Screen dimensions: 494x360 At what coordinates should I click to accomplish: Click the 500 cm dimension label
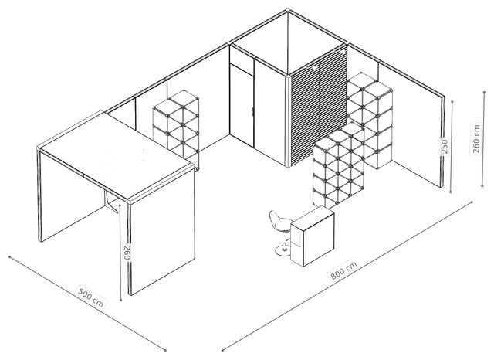pyautogui.click(x=91, y=297)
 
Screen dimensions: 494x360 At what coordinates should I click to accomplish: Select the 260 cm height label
pyautogui.click(x=476, y=138)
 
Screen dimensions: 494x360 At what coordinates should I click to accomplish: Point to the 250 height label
pyautogui.click(x=445, y=146)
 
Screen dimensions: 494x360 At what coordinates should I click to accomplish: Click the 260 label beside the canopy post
pyautogui.click(x=127, y=252)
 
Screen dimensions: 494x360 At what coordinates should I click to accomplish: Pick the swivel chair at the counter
pyautogui.click(x=280, y=232)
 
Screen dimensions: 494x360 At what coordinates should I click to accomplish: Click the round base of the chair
pyautogui.click(x=283, y=250)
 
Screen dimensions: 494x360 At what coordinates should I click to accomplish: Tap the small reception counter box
pyautogui.click(x=312, y=236)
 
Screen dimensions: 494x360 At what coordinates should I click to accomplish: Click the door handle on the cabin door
pyautogui.click(x=252, y=111)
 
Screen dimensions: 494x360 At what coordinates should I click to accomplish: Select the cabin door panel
pyautogui.click(x=242, y=105)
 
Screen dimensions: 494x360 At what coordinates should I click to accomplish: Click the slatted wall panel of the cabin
pyautogui.click(x=318, y=106)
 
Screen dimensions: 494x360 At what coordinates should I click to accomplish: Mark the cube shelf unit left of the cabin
pyautogui.click(x=176, y=130)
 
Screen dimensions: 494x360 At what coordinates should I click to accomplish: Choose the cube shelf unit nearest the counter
pyautogui.click(x=338, y=165)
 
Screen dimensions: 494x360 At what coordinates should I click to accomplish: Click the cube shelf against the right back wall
pyautogui.click(x=370, y=120)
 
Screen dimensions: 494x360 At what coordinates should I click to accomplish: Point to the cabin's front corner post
pyautogui.click(x=288, y=121)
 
